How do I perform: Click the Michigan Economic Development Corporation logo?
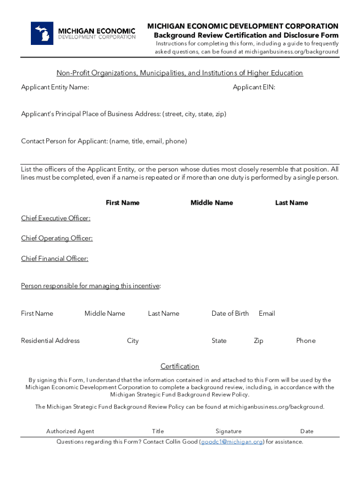[83, 33]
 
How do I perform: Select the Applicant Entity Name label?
[55, 87]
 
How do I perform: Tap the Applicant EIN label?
[254, 87]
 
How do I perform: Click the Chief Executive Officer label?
[56, 218]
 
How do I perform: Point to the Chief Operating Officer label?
[57, 239]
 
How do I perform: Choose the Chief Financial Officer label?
[55, 259]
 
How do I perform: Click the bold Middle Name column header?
[211, 203]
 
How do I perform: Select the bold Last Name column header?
[291, 203]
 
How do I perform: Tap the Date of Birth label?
[230, 313]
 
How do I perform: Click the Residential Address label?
[50, 341]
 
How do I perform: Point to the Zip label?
[258, 341]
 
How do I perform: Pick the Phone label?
[306, 341]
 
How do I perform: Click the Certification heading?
[180, 366]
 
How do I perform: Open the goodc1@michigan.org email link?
[232, 442]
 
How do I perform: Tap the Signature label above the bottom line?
[229, 431]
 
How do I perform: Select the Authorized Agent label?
[70, 431]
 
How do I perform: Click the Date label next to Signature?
[307, 431]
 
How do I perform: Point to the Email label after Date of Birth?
[266, 313]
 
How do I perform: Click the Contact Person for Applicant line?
[104, 141]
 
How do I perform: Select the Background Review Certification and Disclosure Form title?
[246, 36]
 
